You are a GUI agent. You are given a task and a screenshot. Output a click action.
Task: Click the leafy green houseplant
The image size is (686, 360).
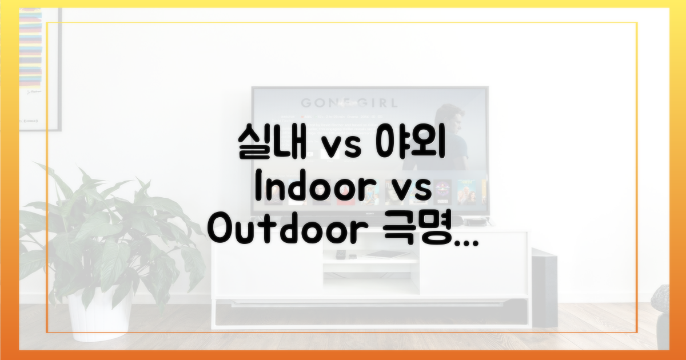pos(103,229)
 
